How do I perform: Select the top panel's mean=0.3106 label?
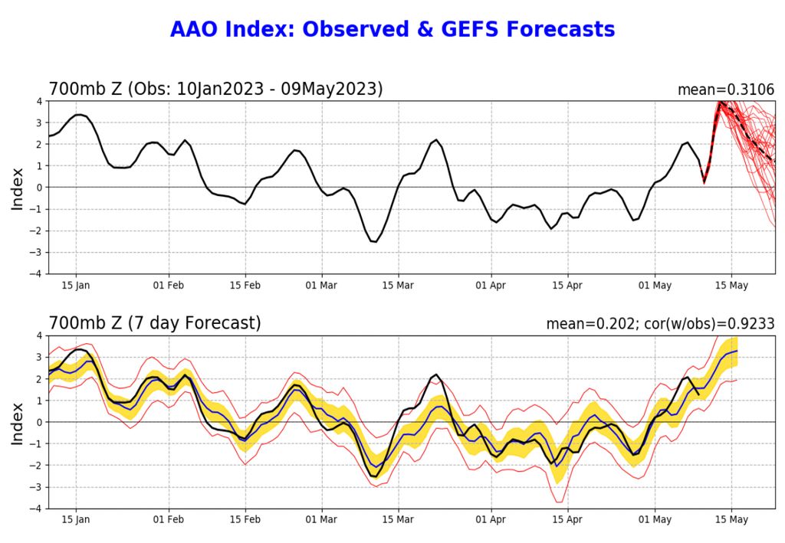pos(725,90)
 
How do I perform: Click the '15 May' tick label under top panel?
pos(731,286)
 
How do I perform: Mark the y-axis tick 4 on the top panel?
pos(39,101)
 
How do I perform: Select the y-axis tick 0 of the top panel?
pos(39,188)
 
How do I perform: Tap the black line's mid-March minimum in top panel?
pos(373,242)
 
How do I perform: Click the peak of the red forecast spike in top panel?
pos(720,102)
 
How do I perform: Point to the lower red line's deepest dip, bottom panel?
pos(559,502)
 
